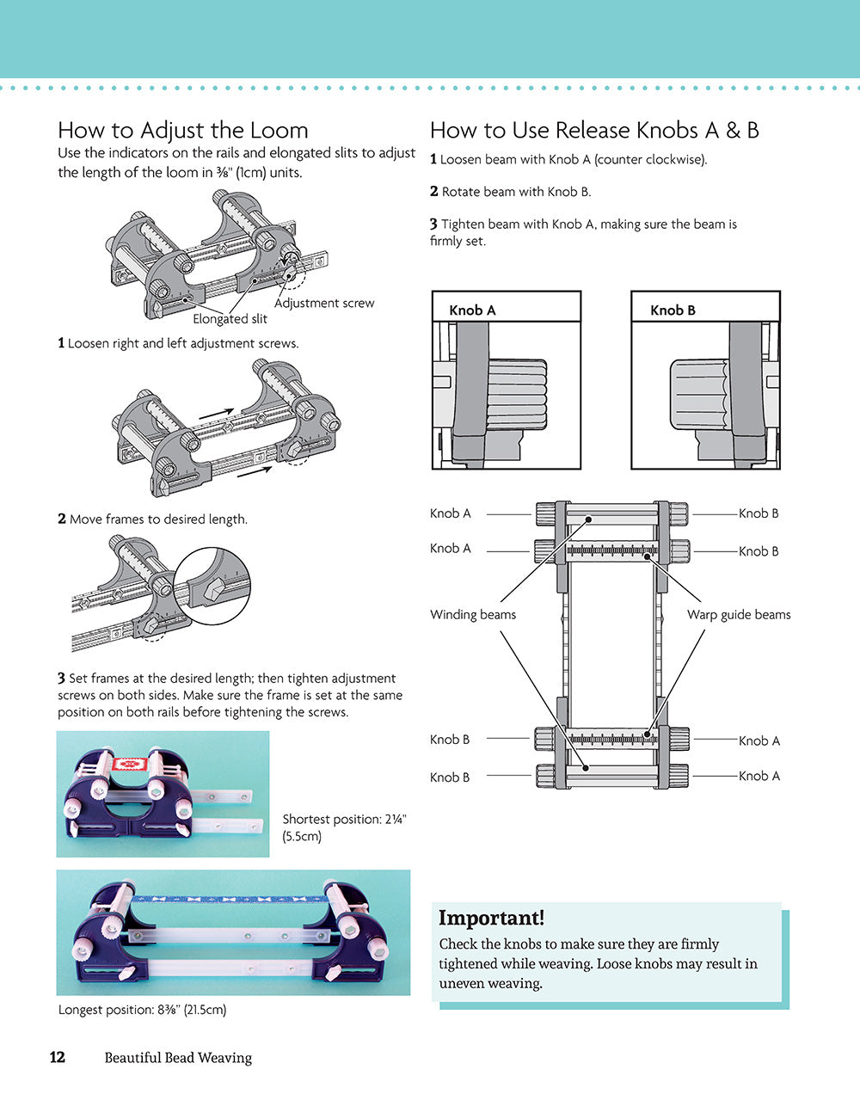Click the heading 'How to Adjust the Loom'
click(x=182, y=131)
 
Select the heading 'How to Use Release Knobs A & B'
click(x=594, y=131)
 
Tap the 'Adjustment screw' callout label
click(x=324, y=303)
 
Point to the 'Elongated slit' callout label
click(x=230, y=319)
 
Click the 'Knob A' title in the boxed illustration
click(x=472, y=310)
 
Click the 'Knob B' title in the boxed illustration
click(x=673, y=310)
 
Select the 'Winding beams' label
click(x=473, y=614)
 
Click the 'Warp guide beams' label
click(x=739, y=614)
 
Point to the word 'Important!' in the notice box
click(x=491, y=918)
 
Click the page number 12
click(x=57, y=1057)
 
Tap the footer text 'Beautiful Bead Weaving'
click(x=178, y=1058)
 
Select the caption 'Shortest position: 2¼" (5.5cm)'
click(x=344, y=827)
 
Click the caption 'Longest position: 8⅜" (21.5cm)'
click(x=142, y=1010)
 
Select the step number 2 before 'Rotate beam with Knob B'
click(x=434, y=192)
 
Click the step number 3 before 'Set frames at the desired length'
click(x=62, y=679)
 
